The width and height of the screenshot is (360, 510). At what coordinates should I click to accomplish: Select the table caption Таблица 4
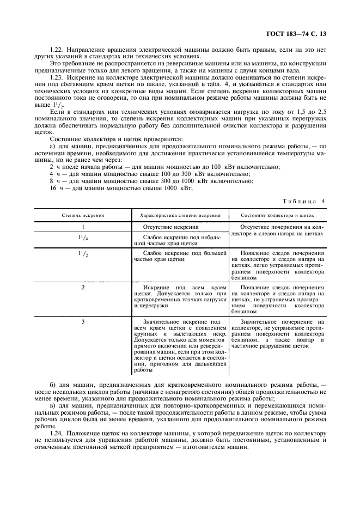[303, 201]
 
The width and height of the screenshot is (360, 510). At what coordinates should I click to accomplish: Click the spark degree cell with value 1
[83, 227]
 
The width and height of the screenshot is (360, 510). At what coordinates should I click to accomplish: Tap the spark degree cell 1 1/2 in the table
[83, 254]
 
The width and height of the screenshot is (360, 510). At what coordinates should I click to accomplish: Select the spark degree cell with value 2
[83, 287]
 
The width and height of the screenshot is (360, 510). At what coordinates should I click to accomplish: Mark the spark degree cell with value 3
[83, 322]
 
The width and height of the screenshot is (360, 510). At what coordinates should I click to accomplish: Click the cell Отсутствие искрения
[170, 227]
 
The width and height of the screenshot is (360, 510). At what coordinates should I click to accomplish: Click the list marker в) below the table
[52, 406]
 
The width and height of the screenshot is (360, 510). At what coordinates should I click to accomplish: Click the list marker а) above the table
[52, 145]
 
